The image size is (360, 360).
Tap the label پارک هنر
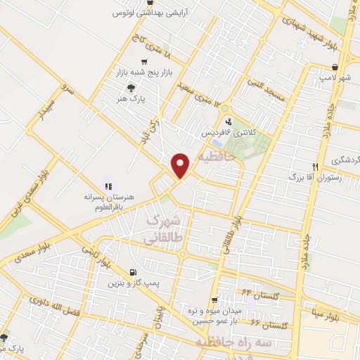tap(132, 100)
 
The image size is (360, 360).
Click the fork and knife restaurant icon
tap(316, 167)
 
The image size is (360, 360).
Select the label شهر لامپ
tap(336, 78)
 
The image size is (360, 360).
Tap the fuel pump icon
tap(134, 271)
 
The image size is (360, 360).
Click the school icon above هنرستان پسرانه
tap(108, 186)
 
